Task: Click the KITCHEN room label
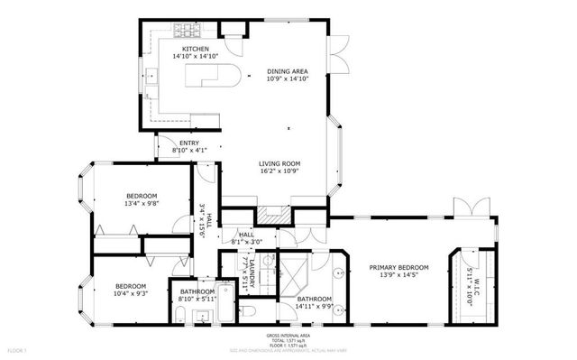195,49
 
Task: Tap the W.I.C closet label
473,287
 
